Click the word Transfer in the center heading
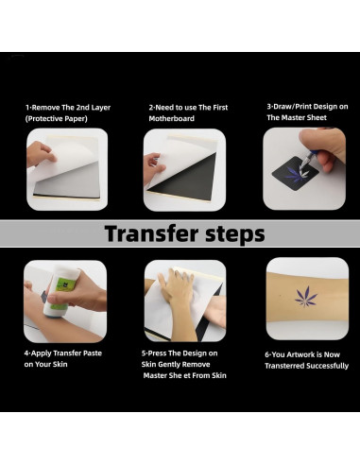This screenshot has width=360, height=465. coord(146,233)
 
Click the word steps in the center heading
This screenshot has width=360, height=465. coord(228,233)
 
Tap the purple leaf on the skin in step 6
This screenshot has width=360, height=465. coord(306,297)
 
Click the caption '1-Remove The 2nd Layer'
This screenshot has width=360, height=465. coord(67,108)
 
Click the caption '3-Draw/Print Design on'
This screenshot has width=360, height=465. coord(306,107)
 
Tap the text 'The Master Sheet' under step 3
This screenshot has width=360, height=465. coord(300,118)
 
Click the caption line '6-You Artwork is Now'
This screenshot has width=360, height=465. coord(305,353)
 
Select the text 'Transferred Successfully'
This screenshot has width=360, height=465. coord(306,365)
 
